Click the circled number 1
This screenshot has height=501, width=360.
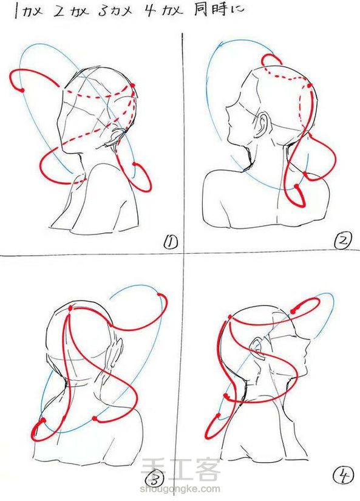(171, 242)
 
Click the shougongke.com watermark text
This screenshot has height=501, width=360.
(180, 488)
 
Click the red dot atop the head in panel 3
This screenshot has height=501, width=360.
(70, 308)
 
